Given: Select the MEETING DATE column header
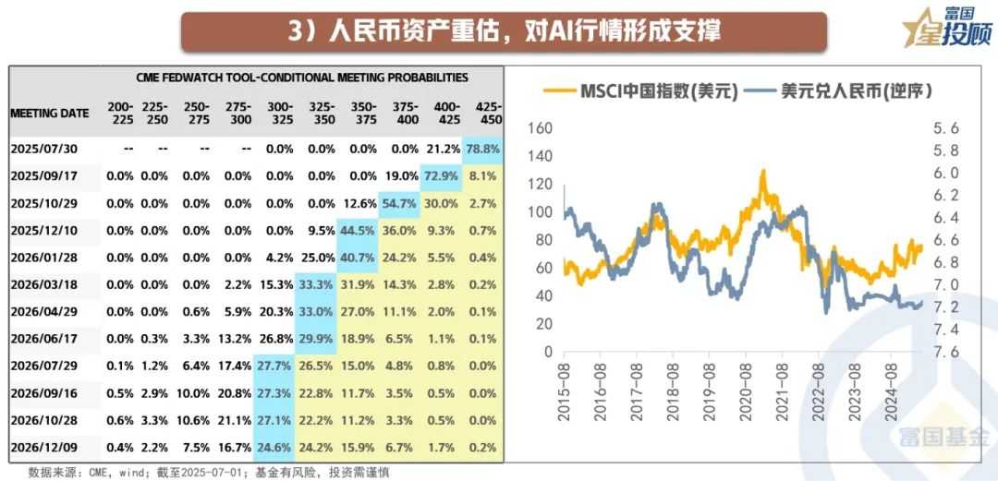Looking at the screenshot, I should [x=50, y=114].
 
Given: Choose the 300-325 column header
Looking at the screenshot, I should [x=278, y=113].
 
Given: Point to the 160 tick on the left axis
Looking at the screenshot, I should [x=540, y=128].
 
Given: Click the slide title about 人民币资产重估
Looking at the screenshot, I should [x=505, y=30].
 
